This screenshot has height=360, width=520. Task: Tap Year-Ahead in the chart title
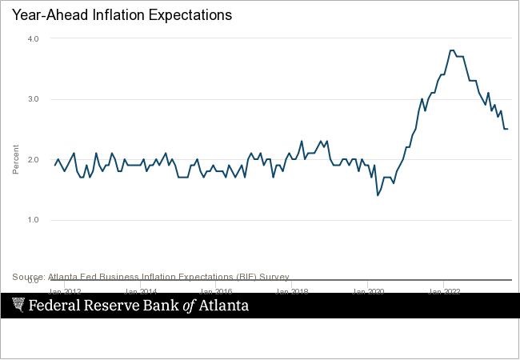pyautogui.click(x=41, y=15)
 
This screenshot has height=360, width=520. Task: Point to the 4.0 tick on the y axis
pyautogui.click(x=33, y=38)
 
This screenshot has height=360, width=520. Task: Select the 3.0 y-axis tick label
pyautogui.click(x=33, y=99)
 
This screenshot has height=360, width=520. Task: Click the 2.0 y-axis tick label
pyautogui.click(x=33, y=160)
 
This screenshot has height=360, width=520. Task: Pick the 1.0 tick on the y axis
pyautogui.click(x=33, y=220)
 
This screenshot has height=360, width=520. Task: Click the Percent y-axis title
pyautogui.click(x=15, y=160)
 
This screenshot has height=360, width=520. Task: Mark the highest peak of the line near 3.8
pyautogui.click(x=452, y=50)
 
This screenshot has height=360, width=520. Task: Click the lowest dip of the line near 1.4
pyautogui.click(x=378, y=195)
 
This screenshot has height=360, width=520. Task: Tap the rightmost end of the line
pyautogui.click(x=508, y=129)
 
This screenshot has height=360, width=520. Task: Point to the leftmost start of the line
pyautogui.click(x=54, y=166)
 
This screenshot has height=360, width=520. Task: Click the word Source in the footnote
pyautogui.click(x=28, y=277)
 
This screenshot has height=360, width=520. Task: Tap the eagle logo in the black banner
pyautogui.click(x=18, y=305)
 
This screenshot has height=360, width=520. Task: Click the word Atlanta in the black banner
pyautogui.click(x=223, y=306)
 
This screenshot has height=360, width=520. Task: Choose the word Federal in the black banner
pyautogui.click(x=55, y=306)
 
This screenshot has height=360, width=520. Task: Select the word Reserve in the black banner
pyautogui.click(x=112, y=306)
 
